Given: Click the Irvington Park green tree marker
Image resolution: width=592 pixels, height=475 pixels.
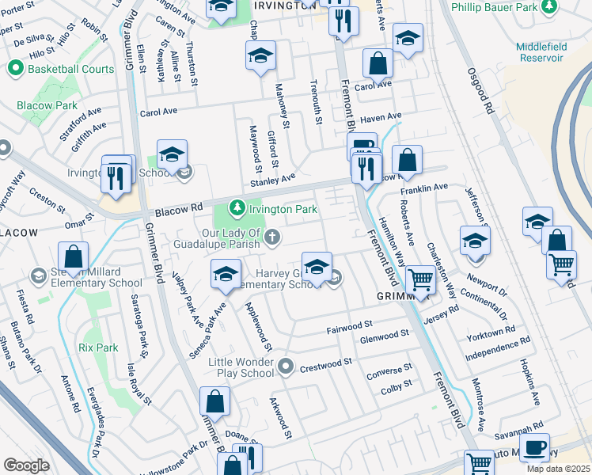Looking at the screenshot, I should pyautogui.click(x=236, y=209).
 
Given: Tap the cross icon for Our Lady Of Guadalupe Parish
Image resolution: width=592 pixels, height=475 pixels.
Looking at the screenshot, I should pyautogui.click(x=272, y=237).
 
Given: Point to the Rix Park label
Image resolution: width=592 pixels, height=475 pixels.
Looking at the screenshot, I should pyautogui.click(x=98, y=348).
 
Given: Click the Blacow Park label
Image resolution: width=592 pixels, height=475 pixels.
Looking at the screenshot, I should pyautogui.click(x=47, y=105).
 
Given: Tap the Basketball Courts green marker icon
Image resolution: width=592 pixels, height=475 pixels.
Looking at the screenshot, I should pyautogui.click(x=14, y=69).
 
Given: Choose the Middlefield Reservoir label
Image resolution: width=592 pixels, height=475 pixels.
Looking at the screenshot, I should pyautogui.click(x=541, y=52).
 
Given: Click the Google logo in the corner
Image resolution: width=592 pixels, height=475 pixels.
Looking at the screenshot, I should pyautogui.click(x=26, y=465).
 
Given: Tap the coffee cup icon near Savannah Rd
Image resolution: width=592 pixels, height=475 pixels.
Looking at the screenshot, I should pyautogui.click(x=535, y=447).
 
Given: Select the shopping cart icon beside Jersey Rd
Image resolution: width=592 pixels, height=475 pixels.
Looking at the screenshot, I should pyautogui.click(x=419, y=279).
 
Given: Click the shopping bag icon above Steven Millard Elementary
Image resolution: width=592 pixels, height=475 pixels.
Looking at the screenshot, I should pyautogui.click(x=73, y=256).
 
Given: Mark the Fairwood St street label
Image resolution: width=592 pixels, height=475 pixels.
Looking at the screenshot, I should pyautogui.click(x=349, y=325).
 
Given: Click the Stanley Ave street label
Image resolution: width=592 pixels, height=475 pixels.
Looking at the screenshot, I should pyautogui.click(x=273, y=180).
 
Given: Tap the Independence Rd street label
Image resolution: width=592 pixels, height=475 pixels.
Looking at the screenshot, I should pyautogui.click(x=497, y=349).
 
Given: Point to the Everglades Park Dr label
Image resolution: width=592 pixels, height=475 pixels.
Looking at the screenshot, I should pyautogui.click(x=96, y=424).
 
